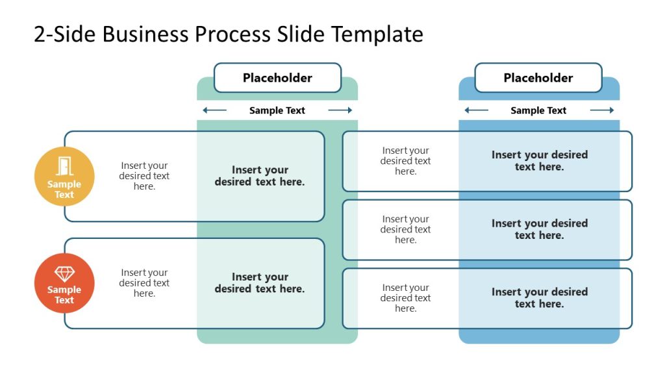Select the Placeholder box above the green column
pyautogui.click(x=277, y=78)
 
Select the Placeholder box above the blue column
pyautogui.click(x=538, y=78)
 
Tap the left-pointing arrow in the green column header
pyautogui.click(x=214, y=110)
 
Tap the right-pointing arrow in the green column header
pyautogui.click(x=340, y=110)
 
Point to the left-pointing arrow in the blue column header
pyautogui.click(x=476, y=110)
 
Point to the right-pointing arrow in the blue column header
pyautogui.click(x=602, y=110)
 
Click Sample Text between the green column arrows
pyautogui.click(x=277, y=110)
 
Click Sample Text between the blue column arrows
pyautogui.click(x=538, y=110)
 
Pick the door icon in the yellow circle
pyautogui.click(x=64, y=166)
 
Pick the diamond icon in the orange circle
pyautogui.click(x=64, y=273)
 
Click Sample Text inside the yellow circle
pyautogui.click(x=64, y=190)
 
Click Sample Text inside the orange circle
pyautogui.click(x=64, y=295)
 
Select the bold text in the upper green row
pyautogui.click(x=260, y=176)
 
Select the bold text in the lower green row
pyautogui.click(x=260, y=283)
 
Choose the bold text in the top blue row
pyautogui.click(x=540, y=160)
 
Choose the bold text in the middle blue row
pyautogui.click(x=540, y=229)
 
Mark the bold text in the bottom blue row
pyautogui.click(x=540, y=298)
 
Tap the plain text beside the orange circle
pyautogui.click(x=144, y=283)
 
